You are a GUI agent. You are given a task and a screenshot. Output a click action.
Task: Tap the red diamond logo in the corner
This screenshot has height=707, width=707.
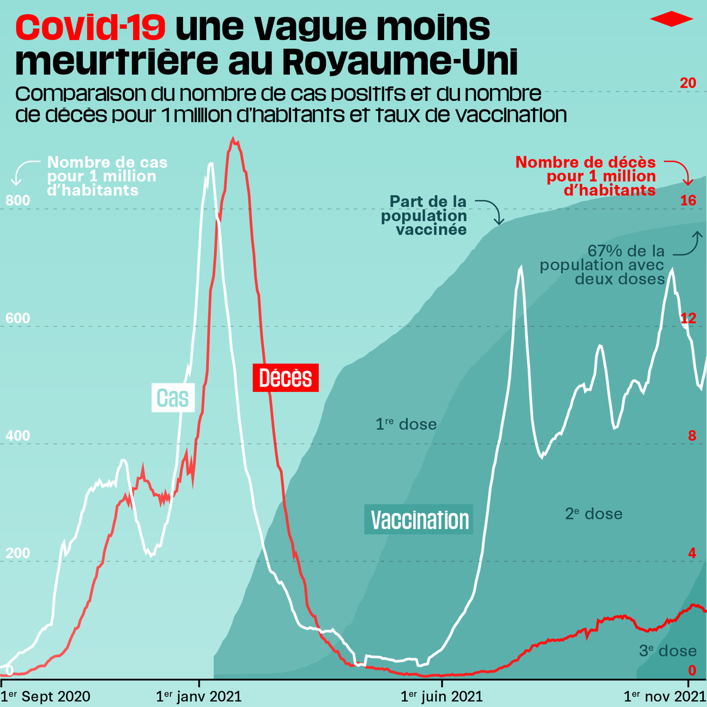click(672, 19)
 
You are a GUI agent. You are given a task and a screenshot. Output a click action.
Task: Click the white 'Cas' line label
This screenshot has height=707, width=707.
click(173, 398)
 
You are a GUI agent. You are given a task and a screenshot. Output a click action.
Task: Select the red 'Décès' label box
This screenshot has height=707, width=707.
click(285, 378)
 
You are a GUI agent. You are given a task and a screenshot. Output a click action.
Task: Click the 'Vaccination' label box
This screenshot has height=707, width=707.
click(419, 520)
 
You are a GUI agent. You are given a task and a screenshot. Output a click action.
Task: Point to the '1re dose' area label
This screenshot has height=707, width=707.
click(406, 424)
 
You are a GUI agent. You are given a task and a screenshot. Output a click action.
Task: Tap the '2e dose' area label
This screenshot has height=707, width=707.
click(593, 514)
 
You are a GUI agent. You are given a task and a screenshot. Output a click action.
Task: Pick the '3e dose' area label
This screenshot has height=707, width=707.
click(668, 650)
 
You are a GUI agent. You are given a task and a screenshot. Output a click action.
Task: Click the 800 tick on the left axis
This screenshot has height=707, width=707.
click(18, 201)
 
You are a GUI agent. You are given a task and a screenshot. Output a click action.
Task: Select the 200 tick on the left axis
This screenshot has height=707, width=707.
click(18, 553)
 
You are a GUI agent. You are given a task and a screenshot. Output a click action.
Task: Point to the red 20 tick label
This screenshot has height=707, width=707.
click(688, 83)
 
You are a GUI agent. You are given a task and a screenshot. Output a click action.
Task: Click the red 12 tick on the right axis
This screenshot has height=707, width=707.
click(688, 319)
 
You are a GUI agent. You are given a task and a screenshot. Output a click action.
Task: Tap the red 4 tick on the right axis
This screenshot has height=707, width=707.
click(692, 553)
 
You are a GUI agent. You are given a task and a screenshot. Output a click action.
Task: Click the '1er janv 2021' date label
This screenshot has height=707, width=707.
click(199, 696)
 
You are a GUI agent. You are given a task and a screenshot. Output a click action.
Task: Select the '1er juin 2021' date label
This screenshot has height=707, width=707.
click(441, 696)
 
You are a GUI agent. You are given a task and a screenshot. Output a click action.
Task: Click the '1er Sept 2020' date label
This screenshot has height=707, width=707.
click(45, 696)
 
